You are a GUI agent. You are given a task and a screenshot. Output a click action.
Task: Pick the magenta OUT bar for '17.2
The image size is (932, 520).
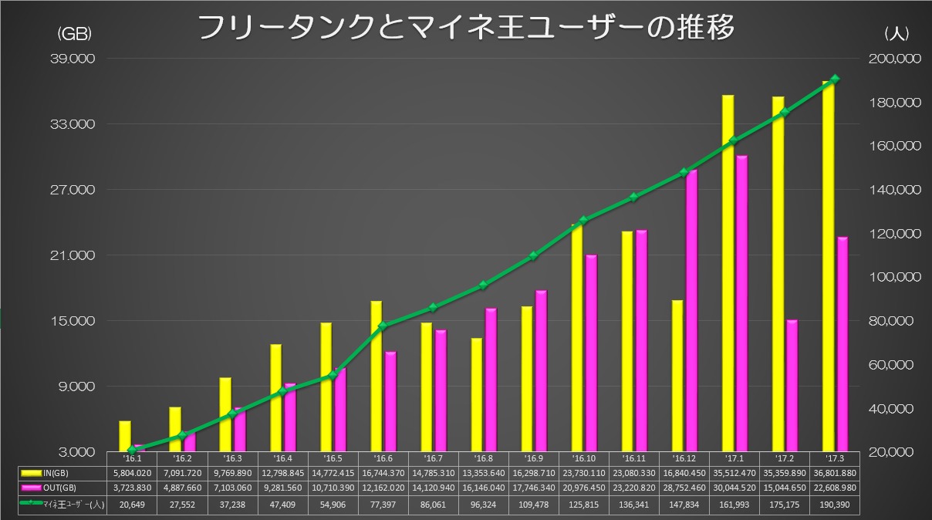(792, 385)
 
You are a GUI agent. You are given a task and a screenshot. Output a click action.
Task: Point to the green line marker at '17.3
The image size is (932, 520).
(835, 79)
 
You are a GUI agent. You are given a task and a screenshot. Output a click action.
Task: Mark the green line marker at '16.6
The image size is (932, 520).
(383, 326)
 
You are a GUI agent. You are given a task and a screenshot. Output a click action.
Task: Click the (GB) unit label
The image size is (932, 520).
(75, 33)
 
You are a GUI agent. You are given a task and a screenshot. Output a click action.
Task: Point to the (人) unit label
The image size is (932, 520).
(898, 33)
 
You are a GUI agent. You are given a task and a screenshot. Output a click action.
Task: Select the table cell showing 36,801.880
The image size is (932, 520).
(834, 473)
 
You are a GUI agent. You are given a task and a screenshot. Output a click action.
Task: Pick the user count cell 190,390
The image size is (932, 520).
(834, 504)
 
